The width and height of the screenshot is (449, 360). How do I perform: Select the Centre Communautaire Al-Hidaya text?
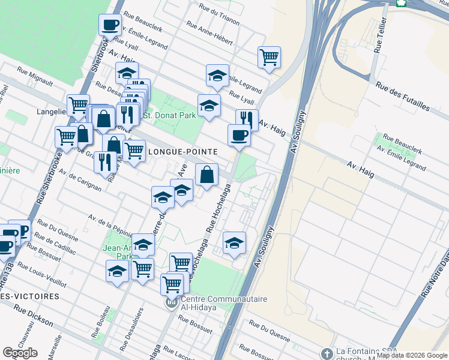click(x=220, y=300)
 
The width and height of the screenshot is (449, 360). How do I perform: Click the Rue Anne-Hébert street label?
click(x=209, y=33)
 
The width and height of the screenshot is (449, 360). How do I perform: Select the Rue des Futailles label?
click(x=403, y=95)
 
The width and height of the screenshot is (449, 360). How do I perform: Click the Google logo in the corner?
click(x=20, y=353)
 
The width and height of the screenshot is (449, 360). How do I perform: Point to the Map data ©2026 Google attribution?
click(x=412, y=355)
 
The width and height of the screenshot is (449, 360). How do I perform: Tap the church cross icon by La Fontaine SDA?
click(x=327, y=353)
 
